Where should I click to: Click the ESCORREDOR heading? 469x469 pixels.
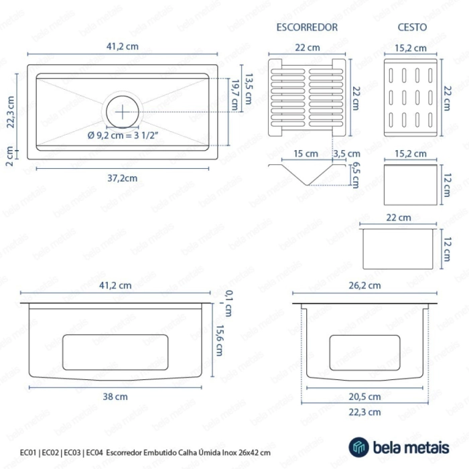click(307, 27)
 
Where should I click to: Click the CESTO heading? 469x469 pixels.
click(412, 27)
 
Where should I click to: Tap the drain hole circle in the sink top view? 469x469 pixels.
click(123, 112)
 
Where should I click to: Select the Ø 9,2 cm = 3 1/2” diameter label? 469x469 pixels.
click(123, 135)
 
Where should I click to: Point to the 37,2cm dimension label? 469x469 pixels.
click(123, 178)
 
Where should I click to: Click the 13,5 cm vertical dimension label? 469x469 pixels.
click(249, 89)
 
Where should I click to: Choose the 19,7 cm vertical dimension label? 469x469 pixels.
click(235, 95)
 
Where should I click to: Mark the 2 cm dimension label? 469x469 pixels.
click(9, 156)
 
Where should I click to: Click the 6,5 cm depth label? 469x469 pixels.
click(355, 175)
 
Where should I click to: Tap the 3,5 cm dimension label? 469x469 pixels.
click(346, 153)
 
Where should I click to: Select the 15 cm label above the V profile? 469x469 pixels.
click(306, 153)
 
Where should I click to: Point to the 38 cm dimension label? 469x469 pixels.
click(115, 397)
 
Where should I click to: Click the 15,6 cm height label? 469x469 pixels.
click(220, 340)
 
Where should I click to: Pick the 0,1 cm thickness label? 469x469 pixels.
click(228, 304)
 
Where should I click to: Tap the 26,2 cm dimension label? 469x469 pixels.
click(364, 285)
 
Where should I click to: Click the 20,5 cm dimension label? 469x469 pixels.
click(364, 397)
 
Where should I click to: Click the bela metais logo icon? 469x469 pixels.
click(359, 447)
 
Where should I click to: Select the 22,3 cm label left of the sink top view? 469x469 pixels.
click(11, 112)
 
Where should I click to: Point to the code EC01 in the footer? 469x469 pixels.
click(28, 452)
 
